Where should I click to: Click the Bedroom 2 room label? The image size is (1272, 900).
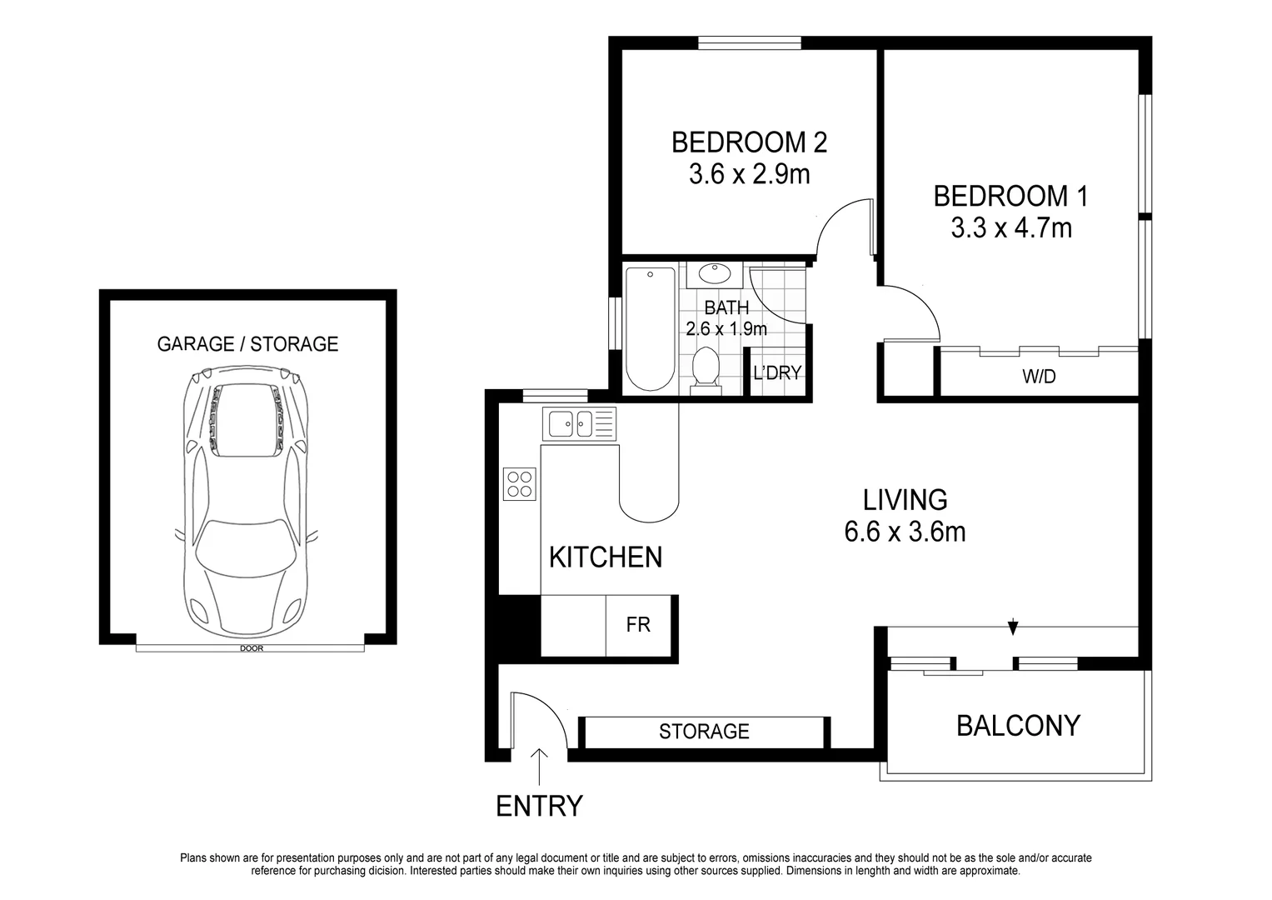pyautogui.click(x=749, y=142)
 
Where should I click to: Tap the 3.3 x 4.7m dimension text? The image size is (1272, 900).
pyautogui.click(x=1011, y=227)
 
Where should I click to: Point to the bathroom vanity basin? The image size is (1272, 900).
pyautogui.click(x=713, y=274)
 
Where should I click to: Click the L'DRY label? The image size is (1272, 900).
pyautogui.click(x=776, y=373)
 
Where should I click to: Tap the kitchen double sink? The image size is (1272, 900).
pyautogui.click(x=579, y=423)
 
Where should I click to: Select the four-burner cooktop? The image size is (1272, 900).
pyautogui.click(x=520, y=483)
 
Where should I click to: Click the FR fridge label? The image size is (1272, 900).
pyautogui.click(x=638, y=624)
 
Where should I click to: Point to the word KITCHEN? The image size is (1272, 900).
pyautogui.click(x=606, y=557)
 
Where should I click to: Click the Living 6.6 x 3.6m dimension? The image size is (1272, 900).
pyautogui.click(x=905, y=532)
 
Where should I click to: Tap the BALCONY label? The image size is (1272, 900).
pyautogui.click(x=1018, y=726)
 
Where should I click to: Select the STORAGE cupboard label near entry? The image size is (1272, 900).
pyautogui.click(x=704, y=732)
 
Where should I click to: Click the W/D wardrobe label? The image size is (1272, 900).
pyautogui.click(x=1039, y=377)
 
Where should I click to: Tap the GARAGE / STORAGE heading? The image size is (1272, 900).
pyautogui.click(x=247, y=344)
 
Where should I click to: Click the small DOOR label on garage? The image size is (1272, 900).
pyautogui.click(x=251, y=648)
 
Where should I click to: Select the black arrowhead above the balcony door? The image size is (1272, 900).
pyautogui.click(x=1013, y=627)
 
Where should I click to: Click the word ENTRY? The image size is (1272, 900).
pyautogui.click(x=539, y=807)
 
